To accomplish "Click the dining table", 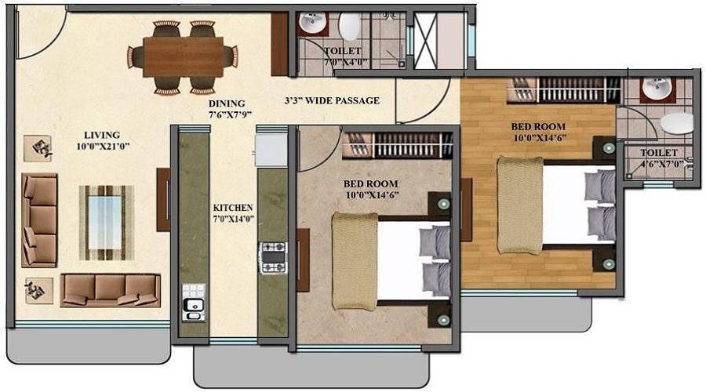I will (x=183, y=56).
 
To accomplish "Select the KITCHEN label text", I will (x=232, y=214).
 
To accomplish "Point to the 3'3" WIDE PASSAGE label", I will (x=332, y=100).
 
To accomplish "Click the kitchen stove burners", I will (x=273, y=257).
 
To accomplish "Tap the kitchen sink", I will (x=191, y=302).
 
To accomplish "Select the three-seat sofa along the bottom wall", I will (x=110, y=289).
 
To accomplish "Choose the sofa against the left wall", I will (x=39, y=220).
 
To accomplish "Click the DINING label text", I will (x=227, y=109).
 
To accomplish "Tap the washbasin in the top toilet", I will (x=314, y=23).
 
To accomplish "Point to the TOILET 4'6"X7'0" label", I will (x=659, y=159).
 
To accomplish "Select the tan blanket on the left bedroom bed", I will (x=355, y=261).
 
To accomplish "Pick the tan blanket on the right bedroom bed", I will (x=519, y=205).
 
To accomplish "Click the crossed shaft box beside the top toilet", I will (x=439, y=41).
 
